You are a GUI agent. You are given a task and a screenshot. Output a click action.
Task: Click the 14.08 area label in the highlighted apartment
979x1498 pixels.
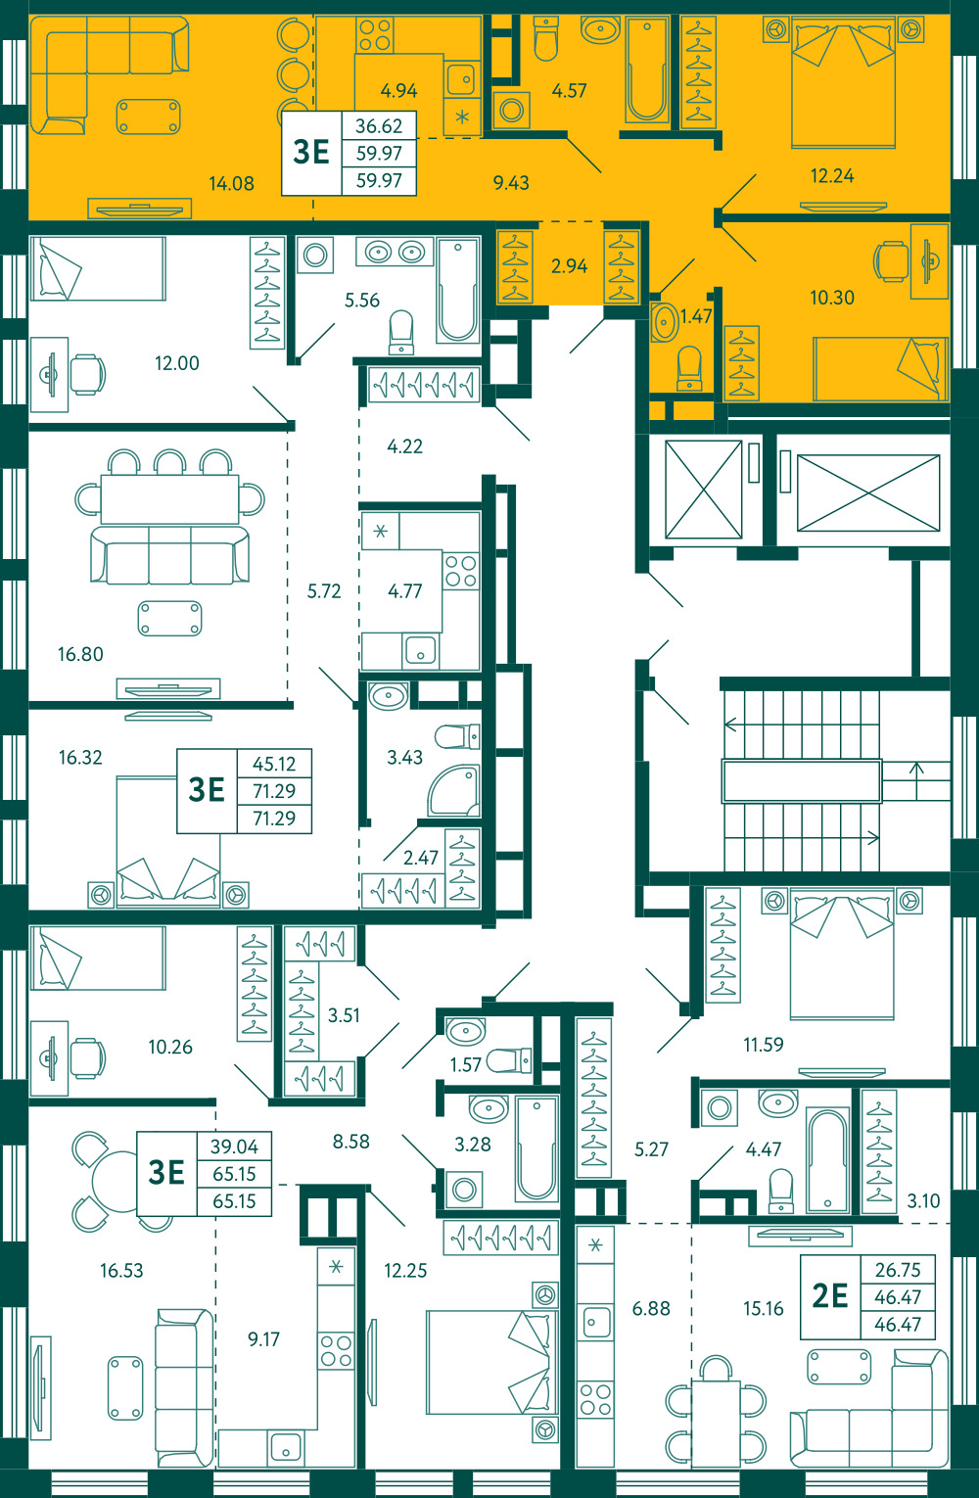231,183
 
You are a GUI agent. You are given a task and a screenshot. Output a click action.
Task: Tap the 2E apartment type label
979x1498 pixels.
830,1296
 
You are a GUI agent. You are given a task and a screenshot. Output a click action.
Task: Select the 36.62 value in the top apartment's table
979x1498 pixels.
379,125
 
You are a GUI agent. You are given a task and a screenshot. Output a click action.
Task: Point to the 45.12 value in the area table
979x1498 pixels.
274,763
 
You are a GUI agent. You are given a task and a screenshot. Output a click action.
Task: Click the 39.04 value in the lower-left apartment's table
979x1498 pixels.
234,1147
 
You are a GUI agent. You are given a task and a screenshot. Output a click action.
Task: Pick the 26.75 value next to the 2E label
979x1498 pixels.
898,1269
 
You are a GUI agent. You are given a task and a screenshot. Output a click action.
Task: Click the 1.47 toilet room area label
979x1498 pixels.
696,315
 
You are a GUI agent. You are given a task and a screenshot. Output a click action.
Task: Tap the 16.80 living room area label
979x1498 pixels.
80,654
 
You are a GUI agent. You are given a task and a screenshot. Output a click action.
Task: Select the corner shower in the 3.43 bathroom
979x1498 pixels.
454,791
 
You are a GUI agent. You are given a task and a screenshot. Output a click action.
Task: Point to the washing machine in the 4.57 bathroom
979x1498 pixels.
512,111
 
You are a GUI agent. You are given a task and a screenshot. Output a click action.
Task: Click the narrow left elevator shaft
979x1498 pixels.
703,489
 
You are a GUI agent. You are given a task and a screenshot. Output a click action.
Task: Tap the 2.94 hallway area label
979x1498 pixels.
569,266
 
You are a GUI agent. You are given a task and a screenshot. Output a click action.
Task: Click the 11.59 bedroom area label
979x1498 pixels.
763,1044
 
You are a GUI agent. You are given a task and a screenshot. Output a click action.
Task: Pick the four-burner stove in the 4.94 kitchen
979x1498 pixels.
374,35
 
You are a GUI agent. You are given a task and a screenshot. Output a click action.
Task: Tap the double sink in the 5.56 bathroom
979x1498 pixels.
395,253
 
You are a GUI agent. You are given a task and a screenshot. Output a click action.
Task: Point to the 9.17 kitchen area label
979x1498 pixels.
263,1338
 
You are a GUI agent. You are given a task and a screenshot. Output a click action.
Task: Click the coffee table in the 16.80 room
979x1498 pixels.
169,618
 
